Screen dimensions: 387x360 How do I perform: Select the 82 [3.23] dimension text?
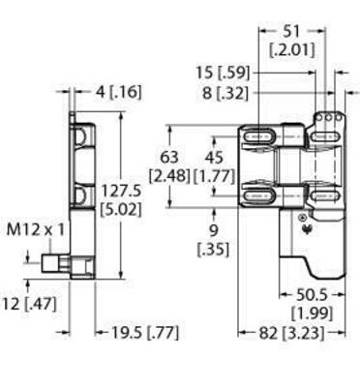pos(275,332)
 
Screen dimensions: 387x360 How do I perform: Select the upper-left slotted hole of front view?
pos(260,138)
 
